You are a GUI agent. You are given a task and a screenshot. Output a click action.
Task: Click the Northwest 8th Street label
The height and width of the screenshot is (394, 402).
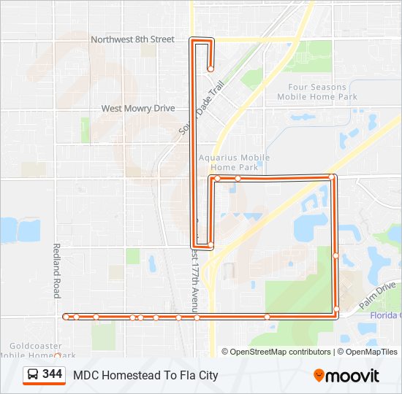click(x=132, y=39)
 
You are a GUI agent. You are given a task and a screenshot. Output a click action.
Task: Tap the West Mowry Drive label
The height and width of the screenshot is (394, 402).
click(x=138, y=108)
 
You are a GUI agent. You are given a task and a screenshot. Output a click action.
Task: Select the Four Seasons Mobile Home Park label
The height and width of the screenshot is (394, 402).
click(x=317, y=92)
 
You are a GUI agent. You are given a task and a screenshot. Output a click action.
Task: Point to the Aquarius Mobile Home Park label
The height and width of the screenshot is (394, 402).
click(x=234, y=162)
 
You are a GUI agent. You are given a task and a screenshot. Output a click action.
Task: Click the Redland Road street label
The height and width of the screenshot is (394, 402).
click(x=56, y=271)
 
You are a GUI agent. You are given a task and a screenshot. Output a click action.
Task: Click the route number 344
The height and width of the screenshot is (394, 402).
click(x=52, y=374)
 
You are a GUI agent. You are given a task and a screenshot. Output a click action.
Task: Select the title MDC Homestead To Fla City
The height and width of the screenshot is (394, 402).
click(x=145, y=376)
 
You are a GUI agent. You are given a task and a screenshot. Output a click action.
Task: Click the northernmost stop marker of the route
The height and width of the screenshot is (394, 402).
click(x=211, y=69)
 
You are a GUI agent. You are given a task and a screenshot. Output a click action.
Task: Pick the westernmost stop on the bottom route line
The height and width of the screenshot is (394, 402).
click(x=67, y=317)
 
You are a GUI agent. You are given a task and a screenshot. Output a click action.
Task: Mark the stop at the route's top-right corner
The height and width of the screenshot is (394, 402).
click(x=332, y=177)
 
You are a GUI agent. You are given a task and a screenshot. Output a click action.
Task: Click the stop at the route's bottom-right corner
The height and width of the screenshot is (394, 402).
click(x=336, y=310)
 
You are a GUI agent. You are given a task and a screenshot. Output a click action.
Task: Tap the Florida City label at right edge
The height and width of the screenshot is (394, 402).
click(x=386, y=315)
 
